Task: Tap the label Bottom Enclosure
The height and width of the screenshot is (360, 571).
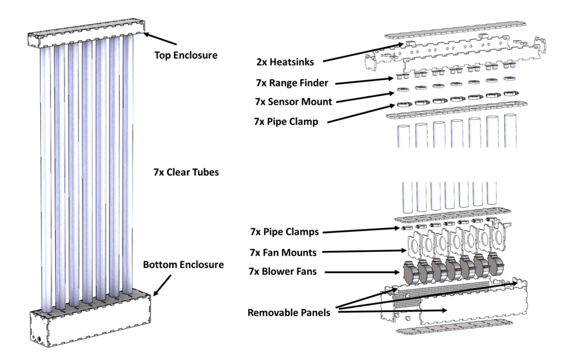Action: click(x=183, y=264)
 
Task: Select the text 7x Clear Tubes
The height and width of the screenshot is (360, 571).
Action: click(x=185, y=172)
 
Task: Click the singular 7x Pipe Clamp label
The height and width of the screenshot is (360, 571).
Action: click(x=285, y=121)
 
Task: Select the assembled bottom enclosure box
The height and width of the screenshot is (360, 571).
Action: click(x=89, y=320)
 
